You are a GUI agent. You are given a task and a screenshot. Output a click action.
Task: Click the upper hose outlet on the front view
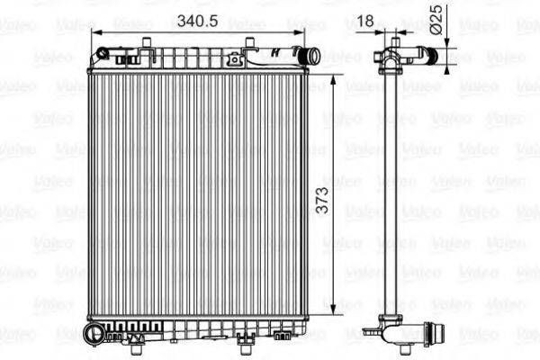[x=310, y=57]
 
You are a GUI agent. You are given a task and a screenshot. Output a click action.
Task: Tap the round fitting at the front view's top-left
[x=101, y=55]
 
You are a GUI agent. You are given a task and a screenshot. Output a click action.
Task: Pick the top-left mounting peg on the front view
[x=146, y=42]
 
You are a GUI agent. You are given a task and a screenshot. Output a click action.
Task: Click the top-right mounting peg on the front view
[x=247, y=42]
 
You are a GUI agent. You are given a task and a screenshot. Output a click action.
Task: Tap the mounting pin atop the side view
[x=393, y=37]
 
